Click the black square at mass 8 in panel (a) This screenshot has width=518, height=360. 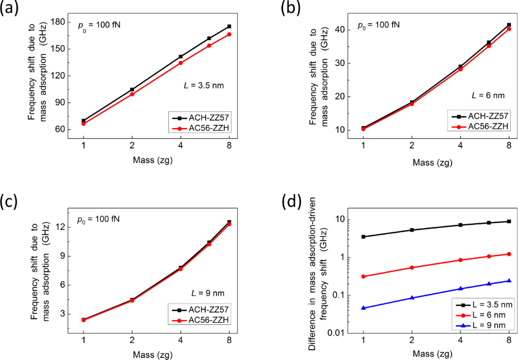(229, 26)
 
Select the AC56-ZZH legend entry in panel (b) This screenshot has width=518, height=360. (484, 126)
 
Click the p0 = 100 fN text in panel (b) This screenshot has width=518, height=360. (379, 24)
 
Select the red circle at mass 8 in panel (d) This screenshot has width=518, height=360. (509, 254)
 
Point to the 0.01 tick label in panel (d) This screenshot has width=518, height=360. (339, 334)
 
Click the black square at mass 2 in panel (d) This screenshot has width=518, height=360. (412, 230)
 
